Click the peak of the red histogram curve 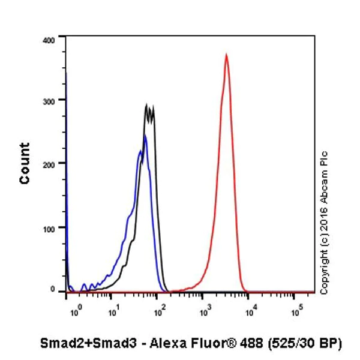(x=226, y=55)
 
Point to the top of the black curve (x=147, y=105)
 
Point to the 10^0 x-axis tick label (x=74, y=312)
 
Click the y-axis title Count (x=25, y=163)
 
